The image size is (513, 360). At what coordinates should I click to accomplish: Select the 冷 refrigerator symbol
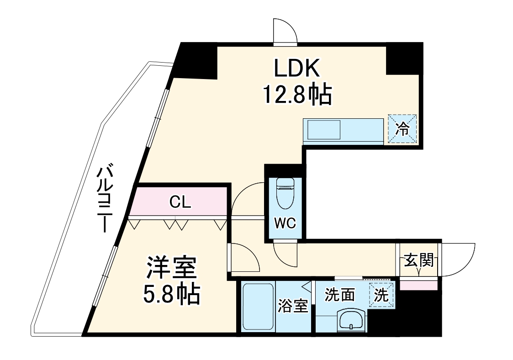pos(402,129)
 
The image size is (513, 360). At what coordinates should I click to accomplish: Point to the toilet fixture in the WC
pos(286,192)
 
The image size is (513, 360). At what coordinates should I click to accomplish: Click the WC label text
pos(285,224)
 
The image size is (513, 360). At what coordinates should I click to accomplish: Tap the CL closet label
pos(180,202)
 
